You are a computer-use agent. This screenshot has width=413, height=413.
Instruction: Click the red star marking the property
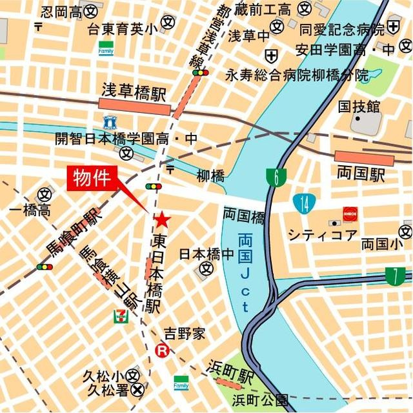tap(162, 221)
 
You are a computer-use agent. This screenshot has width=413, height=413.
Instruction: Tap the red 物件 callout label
tap(92, 177)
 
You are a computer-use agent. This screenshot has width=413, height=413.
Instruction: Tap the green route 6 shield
tap(276, 177)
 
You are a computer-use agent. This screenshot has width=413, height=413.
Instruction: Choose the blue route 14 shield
tap(303, 203)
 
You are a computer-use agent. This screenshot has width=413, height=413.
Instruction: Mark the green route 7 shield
tap(394, 276)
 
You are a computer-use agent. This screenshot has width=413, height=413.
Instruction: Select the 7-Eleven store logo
tap(121, 316)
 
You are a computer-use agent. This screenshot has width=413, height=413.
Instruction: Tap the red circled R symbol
tap(163, 351)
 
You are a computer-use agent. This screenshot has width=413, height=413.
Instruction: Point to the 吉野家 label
tap(184, 334)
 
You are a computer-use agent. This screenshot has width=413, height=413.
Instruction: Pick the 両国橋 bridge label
tap(243, 215)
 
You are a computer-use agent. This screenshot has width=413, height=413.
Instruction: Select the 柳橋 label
tap(210, 176)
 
